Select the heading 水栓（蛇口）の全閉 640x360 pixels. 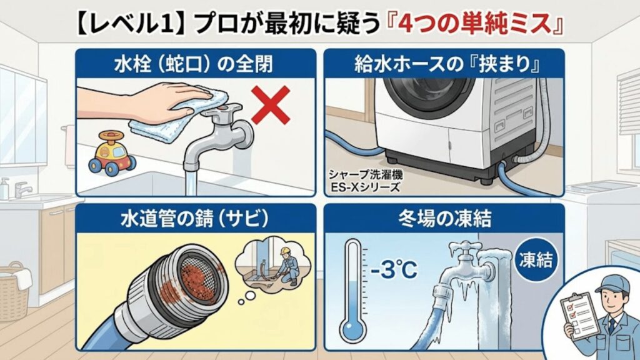coord(194,64)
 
